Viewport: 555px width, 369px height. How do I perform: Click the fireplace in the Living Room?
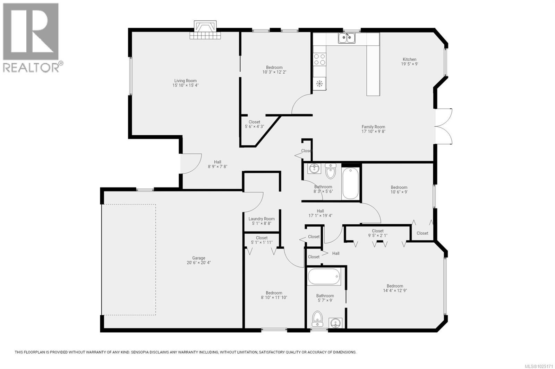click(205, 30)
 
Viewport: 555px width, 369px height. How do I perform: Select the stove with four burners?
click(320, 59)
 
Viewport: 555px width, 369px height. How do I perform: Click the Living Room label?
click(185, 81)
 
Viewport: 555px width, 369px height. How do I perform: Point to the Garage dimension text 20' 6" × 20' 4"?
click(198, 263)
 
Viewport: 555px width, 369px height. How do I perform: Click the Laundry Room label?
click(262, 219)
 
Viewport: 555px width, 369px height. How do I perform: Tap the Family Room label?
click(373, 127)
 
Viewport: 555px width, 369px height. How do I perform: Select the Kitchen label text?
click(409, 59)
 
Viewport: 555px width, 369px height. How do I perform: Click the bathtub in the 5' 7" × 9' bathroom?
click(325, 277)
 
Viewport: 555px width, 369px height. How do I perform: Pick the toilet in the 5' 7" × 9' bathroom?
click(317, 319)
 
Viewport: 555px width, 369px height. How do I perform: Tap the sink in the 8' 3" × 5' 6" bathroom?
click(314, 169)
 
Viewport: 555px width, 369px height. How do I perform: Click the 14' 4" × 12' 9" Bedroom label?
click(395, 286)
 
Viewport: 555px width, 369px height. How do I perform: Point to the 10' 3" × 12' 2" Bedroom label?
click(274, 67)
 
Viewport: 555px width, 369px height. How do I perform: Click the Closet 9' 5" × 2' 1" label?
click(377, 231)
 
